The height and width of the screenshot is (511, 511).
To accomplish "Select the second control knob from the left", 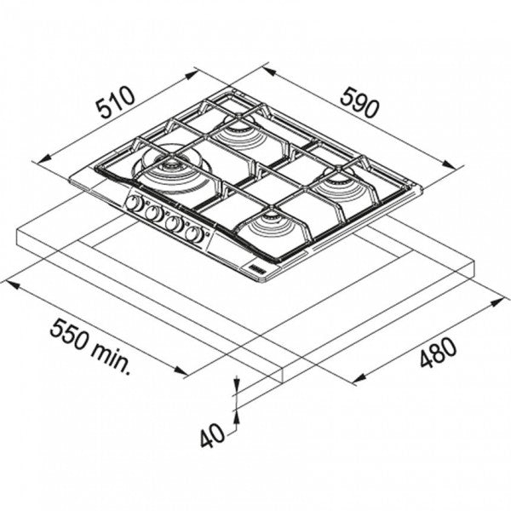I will click(153, 213).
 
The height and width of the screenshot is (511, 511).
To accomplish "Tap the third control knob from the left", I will click(175, 223).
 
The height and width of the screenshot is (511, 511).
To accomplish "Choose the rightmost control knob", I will click(195, 233).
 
